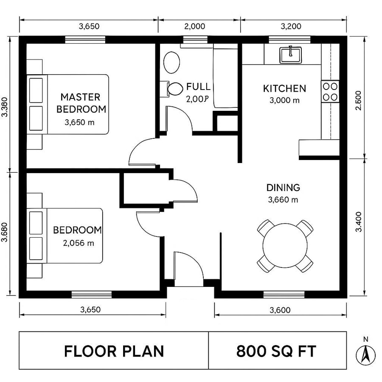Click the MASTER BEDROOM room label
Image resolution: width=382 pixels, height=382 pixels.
coord(81,103)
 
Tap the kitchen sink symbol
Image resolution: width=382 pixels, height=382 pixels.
coord(290,55)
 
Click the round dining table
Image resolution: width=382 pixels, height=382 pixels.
coord(285,245)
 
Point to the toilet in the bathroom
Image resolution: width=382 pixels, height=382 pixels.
coord(174,89)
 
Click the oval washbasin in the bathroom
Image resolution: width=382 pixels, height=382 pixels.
coord(172,62)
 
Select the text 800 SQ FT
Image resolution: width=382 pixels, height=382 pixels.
coord(276,351)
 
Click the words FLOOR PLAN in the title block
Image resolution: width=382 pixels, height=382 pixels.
coord(114,351)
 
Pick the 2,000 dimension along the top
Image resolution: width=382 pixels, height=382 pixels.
coord(195,26)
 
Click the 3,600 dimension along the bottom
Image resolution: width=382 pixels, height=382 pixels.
coord(280,310)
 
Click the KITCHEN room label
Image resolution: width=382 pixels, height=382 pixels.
coord(284,89)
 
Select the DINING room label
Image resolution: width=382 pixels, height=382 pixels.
coord(283,188)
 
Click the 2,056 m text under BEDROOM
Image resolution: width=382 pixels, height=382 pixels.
coord(79,243)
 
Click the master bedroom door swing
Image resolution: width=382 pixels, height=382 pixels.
coord(142,153)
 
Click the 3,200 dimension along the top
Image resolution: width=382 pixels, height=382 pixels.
coord(291,26)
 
